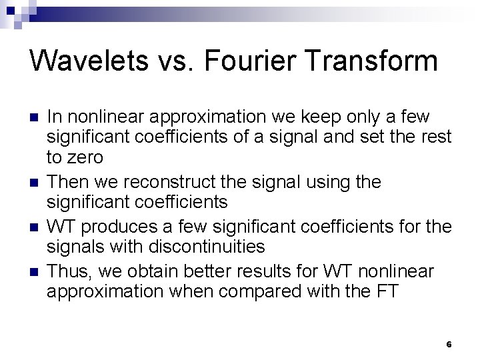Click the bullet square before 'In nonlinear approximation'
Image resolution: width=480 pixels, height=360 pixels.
pyautogui.click(x=33, y=118)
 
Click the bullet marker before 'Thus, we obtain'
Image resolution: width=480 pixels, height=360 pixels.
pyautogui.click(x=33, y=273)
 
